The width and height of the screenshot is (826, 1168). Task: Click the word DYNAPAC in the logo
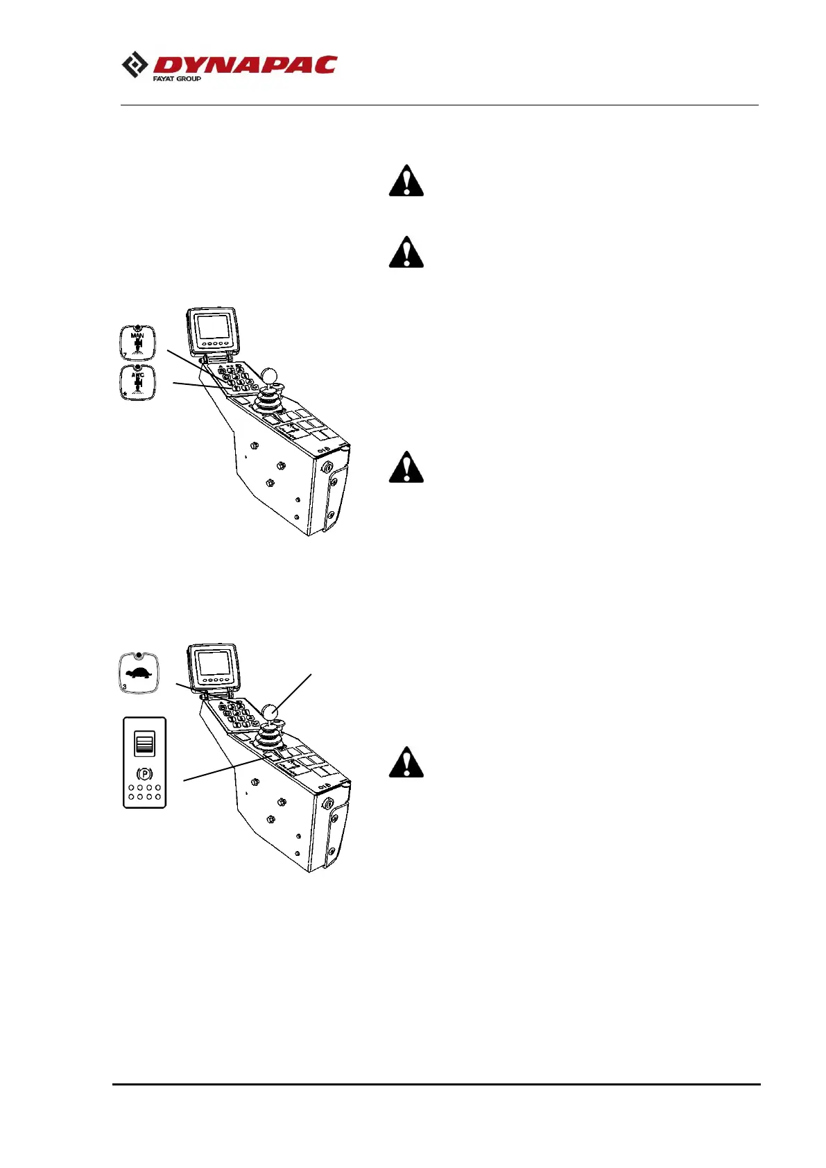(x=245, y=65)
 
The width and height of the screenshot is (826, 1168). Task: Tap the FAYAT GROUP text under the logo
(x=177, y=79)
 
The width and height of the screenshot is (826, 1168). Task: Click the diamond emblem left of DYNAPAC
(x=135, y=66)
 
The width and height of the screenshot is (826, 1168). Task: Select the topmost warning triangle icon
(x=406, y=181)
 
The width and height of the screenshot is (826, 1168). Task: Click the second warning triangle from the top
(x=406, y=252)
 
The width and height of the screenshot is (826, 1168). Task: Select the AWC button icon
(x=137, y=382)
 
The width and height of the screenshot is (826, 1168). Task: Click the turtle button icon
(x=139, y=673)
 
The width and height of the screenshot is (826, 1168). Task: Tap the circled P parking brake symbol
(x=144, y=773)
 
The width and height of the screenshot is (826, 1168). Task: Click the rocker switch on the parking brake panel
(x=144, y=744)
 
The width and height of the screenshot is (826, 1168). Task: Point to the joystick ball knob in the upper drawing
(x=269, y=375)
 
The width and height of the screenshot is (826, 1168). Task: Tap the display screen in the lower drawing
(x=213, y=664)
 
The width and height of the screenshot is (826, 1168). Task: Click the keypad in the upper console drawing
(x=234, y=379)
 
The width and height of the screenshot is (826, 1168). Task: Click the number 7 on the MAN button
(x=125, y=355)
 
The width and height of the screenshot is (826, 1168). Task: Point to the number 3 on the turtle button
(x=125, y=687)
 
